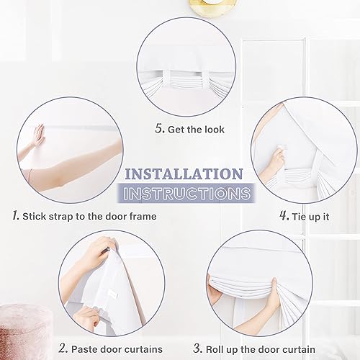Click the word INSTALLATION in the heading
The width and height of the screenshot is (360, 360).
(x=184, y=174)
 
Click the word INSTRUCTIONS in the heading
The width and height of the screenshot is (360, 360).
(x=186, y=194)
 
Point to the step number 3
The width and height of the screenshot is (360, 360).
(x=214, y=349)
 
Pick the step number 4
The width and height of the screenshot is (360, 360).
(x=283, y=215)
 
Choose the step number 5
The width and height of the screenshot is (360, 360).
(x=159, y=130)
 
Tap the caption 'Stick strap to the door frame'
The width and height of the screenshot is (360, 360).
(x=89, y=215)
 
